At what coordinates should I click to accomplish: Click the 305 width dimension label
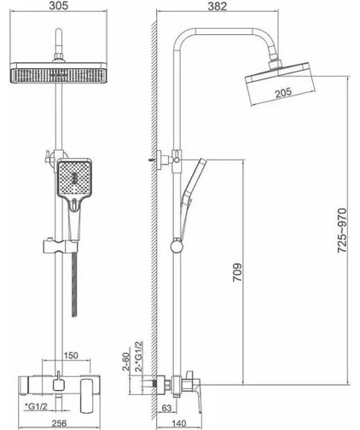tap(59, 5)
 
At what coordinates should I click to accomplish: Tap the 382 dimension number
tap(218, 6)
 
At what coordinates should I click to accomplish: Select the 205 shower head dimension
tap(283, 93)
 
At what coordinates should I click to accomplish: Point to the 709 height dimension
tap(237, 272)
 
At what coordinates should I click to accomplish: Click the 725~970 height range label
tap(342, 230)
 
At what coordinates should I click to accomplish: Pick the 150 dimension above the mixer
tap(71, 356)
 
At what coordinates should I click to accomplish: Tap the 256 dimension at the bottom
tap(60, 423)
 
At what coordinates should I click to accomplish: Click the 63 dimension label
tap(166, 408)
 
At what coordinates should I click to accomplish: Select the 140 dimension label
tap(179, 423)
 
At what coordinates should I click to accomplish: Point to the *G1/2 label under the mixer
tap(36, 407)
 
